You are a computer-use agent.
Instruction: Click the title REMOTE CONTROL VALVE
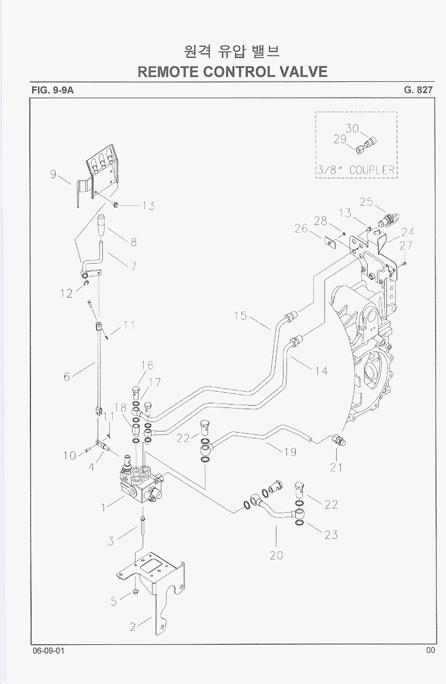(x=232, y=71)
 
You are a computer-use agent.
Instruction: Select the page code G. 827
(x=418, y=90)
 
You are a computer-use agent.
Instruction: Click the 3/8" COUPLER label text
(x=357, y=170)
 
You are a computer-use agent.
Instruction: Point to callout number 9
(x=54, y=174)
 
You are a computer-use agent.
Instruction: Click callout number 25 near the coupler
(x=367, y=202)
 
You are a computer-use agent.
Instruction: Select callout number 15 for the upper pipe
(x=240, y=316)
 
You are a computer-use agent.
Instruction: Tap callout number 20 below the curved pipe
(x=276, y=555)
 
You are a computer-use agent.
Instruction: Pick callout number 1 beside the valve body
(x=103, y=507)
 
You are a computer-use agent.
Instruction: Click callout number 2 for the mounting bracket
(x=133, y=627)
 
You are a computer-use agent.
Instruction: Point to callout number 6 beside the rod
(x=67, y=377)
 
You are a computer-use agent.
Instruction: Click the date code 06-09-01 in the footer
(x=49, y=651)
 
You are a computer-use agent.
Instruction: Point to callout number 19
(x=289, y=452)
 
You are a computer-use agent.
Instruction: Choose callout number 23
(x=331, y=534)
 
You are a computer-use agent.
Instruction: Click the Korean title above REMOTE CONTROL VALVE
(x=232, y=51)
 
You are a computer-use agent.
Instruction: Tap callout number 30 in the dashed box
(x=352, y=128)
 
